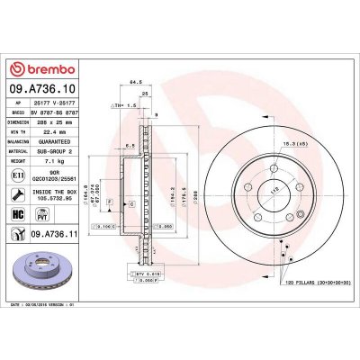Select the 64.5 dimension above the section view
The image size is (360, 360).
coord(138,82)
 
